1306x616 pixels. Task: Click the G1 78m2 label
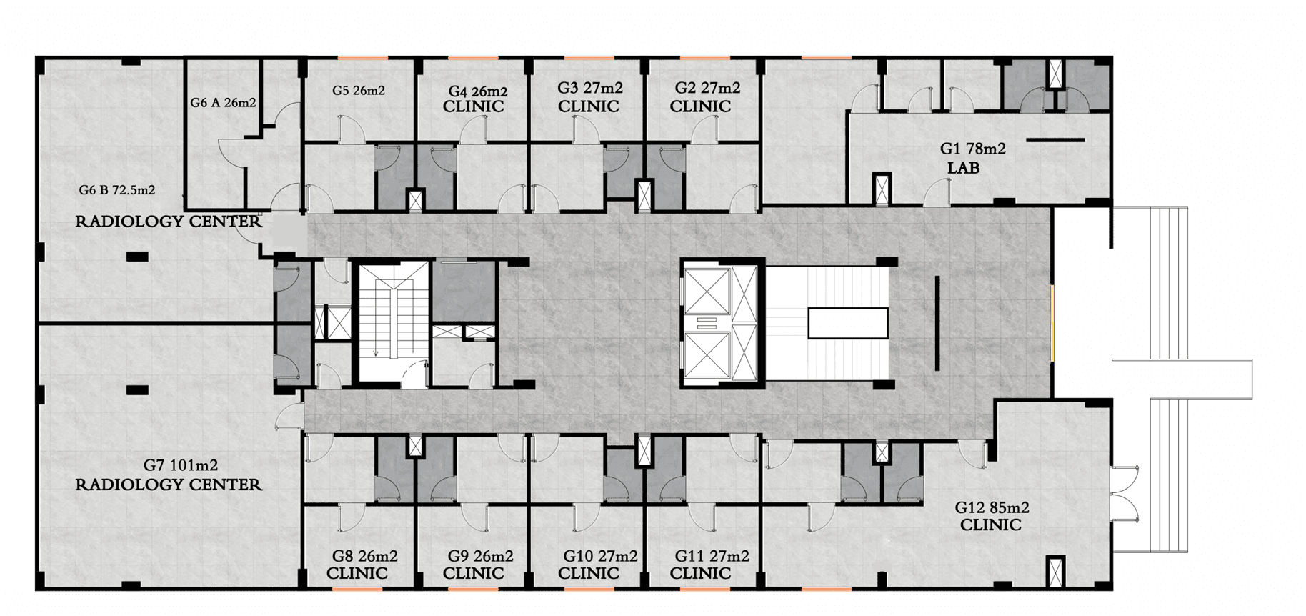pyautogui.click(x=972, y=149)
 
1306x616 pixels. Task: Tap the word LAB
pyautogui.click(x=963, y=168)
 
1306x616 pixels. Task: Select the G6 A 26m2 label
pyautogui.click(x=223, y=103)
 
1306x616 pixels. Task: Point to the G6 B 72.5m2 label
pyautogui.click(x=117, y=190)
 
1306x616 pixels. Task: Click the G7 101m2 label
pyautogui.click(x=181, y=465)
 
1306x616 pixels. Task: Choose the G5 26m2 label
pyautogui.click(x=359, y=91)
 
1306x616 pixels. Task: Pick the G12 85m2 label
pyautogui.click(x=992, y=507)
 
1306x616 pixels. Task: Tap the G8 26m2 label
pyautogui.click(x=364, y=556)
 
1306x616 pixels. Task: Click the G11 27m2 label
pyautogui.click(x=712, y=556)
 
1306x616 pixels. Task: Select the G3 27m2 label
pyautogui.click(x=589, y=88)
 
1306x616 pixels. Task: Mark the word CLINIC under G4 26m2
pyautogui.click(x=473, y=106)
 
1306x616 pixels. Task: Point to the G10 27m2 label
pyautogui.click(x=600, y=556)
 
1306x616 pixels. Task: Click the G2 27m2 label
pyautogui.click(x=707, y=88)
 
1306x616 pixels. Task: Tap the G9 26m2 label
pyautogui.click(x=480, y=556)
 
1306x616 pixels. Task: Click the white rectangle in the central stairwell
pyautogui.click(x=848, y=323)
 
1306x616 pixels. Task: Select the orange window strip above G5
pyautogui.click(x=363, y=57)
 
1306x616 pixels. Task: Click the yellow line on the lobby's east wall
pyautogui.click(x=1052, y=323)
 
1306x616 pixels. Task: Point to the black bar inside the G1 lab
pyautogui.click(x=1055, y=140)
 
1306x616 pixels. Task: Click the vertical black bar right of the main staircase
pyautogui.click(x=937, y=323)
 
